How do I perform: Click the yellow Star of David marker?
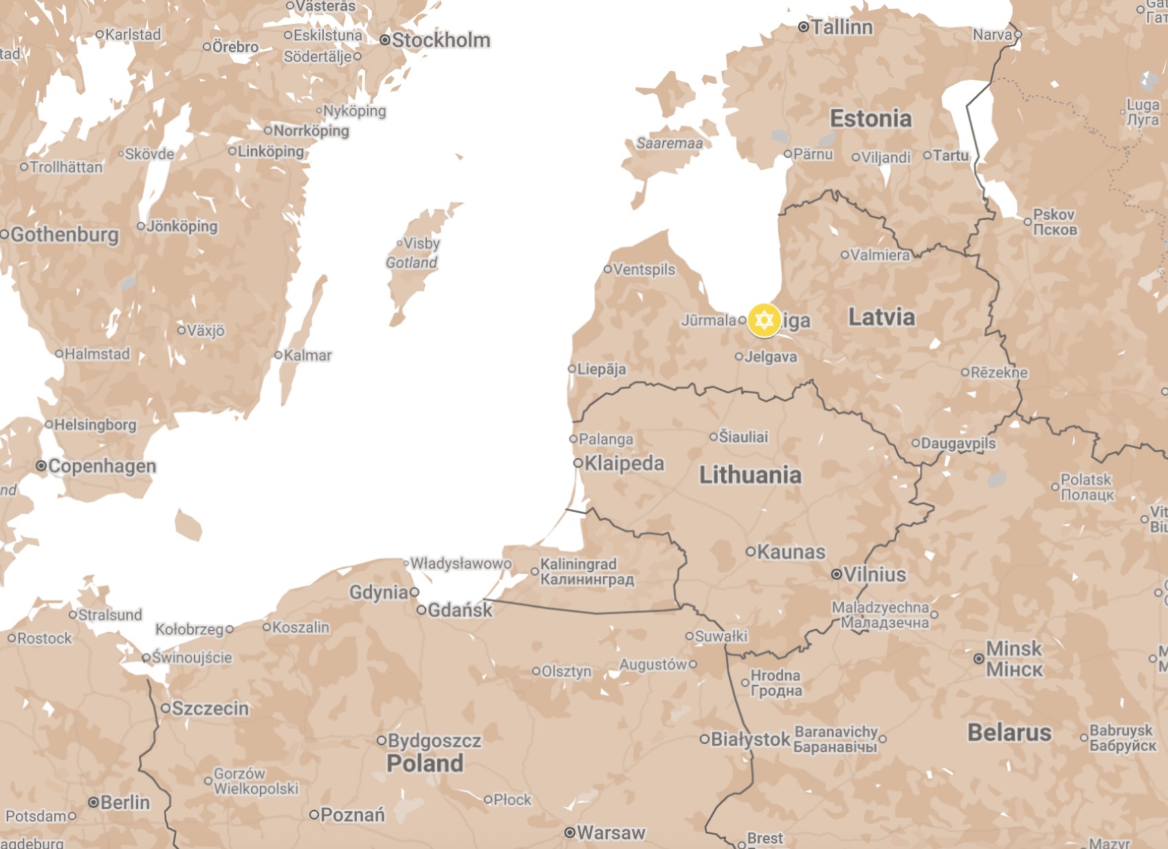(764, 320)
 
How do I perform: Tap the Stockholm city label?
(441, 41)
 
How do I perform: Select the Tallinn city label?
(841, 27)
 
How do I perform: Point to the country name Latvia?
(881, 317)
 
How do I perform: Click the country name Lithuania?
(750, 475)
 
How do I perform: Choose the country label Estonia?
(870, 119)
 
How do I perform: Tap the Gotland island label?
(411, 262)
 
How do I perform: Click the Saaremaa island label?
(669, 143)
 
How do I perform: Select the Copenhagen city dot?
(41, 466)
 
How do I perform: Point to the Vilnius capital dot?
(837, 574)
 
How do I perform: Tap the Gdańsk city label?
(460, 610)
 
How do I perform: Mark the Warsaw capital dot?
(570, 833)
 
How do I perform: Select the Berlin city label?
(124, 802)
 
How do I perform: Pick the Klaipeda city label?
(624, 464)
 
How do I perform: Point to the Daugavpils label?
(958, 443)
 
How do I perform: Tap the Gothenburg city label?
(65, 235)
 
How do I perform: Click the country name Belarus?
(1009, 733)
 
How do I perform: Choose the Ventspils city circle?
(608, 269)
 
